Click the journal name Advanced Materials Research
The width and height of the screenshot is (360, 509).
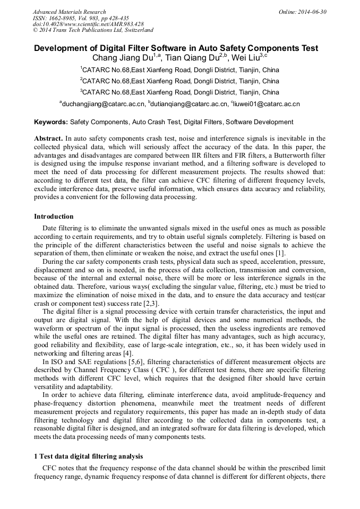point(69,12)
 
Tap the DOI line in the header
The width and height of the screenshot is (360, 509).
point(88,24)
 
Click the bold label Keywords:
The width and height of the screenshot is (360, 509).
point(51,122)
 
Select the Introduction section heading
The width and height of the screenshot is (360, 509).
point(54,217)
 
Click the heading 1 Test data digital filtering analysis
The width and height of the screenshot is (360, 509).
point(88,456)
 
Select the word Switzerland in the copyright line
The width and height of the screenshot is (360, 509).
point(136,30)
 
